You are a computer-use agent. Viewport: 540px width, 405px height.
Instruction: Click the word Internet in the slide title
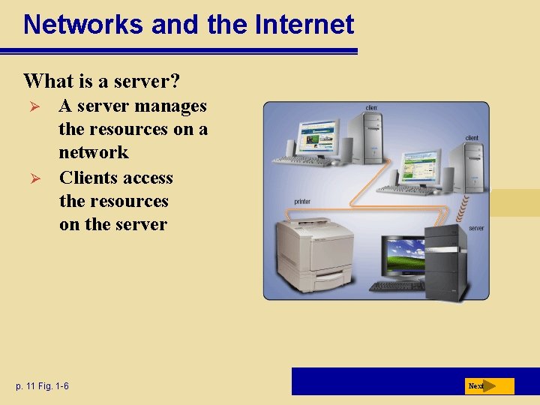pos(304,25)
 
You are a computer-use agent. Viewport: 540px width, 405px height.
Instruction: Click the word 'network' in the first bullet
pos(94,152)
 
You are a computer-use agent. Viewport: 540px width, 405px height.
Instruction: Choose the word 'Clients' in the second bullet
pos(88,178)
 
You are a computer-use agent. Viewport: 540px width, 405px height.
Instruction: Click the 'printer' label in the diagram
pos(302,202)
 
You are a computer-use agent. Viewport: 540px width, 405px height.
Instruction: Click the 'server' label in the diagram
pos(476,228)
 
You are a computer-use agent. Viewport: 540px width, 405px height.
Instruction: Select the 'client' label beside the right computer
pos(472,138)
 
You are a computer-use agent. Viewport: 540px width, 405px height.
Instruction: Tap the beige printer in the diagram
pos(315,251)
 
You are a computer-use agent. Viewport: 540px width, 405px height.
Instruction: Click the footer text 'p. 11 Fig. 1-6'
pos(42,386)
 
